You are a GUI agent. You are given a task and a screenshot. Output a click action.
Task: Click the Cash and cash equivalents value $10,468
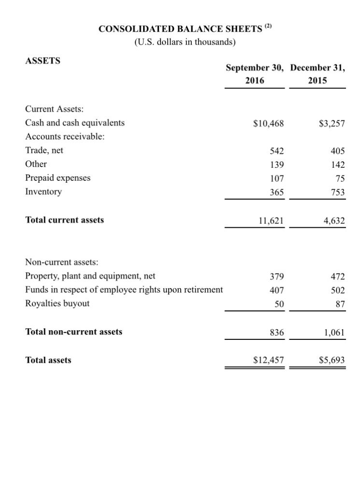click(x=269, y=123)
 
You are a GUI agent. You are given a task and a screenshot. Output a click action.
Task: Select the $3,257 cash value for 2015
click(x=331, y=123)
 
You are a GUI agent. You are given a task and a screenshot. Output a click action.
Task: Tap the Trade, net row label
click(x=44, y=150)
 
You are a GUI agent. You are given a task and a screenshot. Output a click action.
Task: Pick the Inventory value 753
click(x=338, y=192)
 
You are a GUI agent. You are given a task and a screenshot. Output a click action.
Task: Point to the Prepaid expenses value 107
click(x=277, y=178)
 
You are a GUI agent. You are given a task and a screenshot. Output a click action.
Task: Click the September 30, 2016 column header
click(x=255, y=74)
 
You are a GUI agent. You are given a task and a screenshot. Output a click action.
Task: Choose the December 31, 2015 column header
click(x=317, y=74)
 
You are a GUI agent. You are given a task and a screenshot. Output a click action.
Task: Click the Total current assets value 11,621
click(x=271, y=221)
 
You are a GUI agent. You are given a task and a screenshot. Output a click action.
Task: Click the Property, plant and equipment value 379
click(x=277, y=277)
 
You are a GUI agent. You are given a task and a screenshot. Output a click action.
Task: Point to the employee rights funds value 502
click(x=338, y=291)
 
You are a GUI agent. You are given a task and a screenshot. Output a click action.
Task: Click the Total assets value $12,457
click(x=269, y=360)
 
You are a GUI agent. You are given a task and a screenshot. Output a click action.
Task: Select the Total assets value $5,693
click(x=331, y=360)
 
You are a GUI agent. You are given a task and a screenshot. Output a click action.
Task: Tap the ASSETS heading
click(x=43, y=61)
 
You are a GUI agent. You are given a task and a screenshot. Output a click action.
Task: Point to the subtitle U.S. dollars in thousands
click(x=185, y=42)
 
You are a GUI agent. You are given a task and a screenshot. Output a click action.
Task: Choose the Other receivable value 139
click(x=277, y=164)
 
